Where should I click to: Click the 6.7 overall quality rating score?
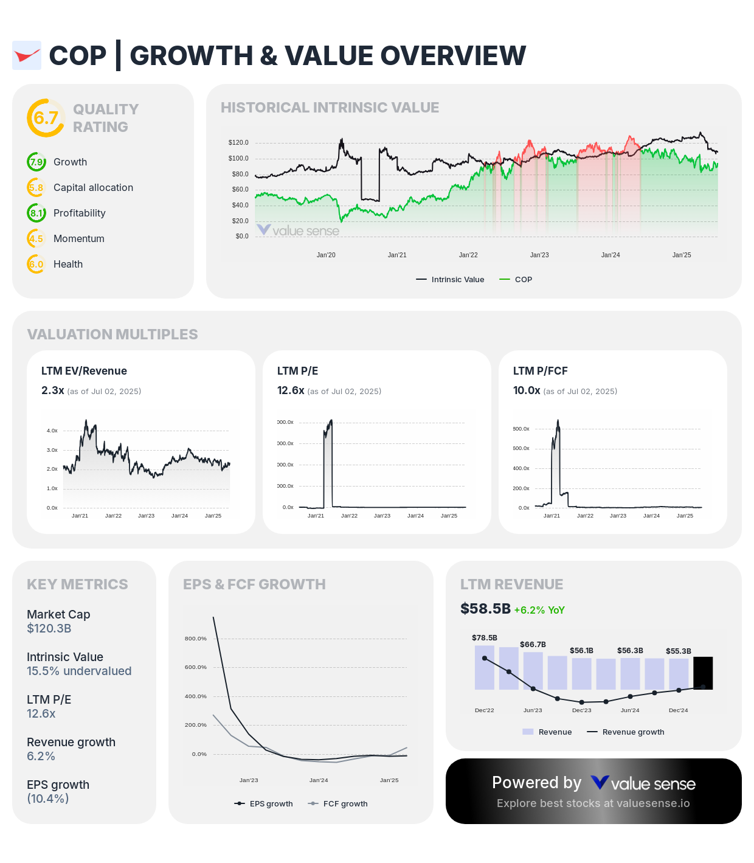pos(46,118)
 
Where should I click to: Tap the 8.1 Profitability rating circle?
pos(36,213)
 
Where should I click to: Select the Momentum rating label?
pos(79,239)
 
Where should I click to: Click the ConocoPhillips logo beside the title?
pos(27,56)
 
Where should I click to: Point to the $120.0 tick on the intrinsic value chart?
pos(238,143)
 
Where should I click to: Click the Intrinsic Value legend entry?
pos(451,280)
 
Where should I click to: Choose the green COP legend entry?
pos(516,280)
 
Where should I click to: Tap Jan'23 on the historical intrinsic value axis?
pos(539,255)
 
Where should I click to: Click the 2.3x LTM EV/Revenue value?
pos(52,390)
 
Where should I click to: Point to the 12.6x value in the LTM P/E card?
pos(291,390)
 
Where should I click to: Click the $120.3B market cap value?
pos(49,629)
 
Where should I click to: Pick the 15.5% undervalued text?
pos(79,671)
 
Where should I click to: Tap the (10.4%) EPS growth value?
pos(47,799)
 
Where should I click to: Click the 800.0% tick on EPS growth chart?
pos(196,639)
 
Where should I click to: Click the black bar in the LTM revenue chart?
pos(703,673)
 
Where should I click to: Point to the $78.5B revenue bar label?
pos(485,638)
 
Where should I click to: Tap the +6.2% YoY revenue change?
pos(539,611)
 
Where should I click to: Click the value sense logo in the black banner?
pos(643,783)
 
